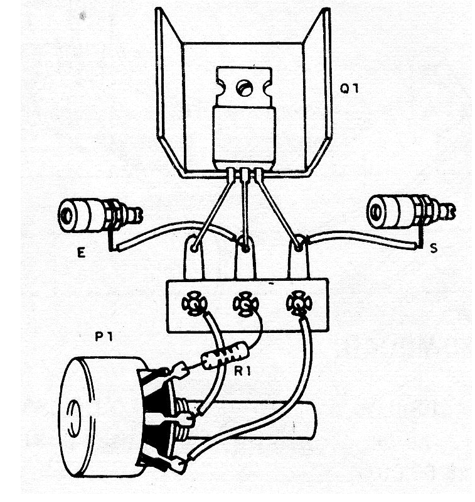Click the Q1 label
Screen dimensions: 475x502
349,89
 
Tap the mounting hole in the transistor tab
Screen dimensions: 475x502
245,88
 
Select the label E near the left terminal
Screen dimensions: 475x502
81,253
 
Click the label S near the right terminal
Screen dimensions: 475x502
433,248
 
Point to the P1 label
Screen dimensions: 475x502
104,337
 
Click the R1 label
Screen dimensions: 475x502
243,371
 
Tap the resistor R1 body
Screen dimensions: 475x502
225,355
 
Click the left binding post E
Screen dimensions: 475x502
100,215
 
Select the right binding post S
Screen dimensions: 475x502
411,210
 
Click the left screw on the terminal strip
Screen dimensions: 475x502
194,303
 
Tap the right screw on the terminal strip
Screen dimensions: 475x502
299,303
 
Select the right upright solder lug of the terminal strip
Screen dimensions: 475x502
299,257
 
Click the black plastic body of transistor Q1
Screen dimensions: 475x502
244,138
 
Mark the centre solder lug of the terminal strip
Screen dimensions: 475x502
245,258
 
